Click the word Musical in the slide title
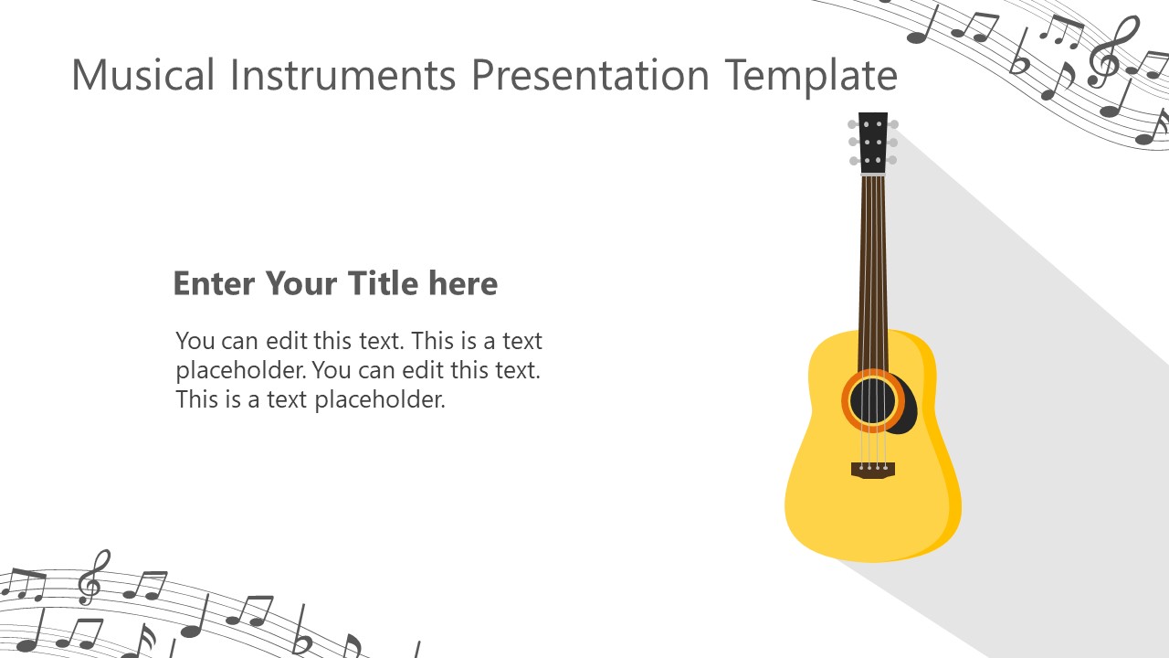pyautogui.click(x=144, y=75)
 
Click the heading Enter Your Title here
pyautogui.click(x=335, y=283)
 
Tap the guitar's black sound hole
pyautogui.click(x=873, y=400)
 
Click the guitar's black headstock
pyautogui.click(x=873, y=142)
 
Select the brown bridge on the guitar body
pyautogui.click(x=873, y=470)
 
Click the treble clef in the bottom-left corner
pyautogui.click(x=90, y=577)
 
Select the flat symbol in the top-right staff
pyautogui.click(x=1019, y=57)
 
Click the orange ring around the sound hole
pyautogui.click(x=847, y=400)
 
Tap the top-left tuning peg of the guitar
pyautogui.click(x=853, y=124)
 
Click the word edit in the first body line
pyautogui.click(x=287, y=341)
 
